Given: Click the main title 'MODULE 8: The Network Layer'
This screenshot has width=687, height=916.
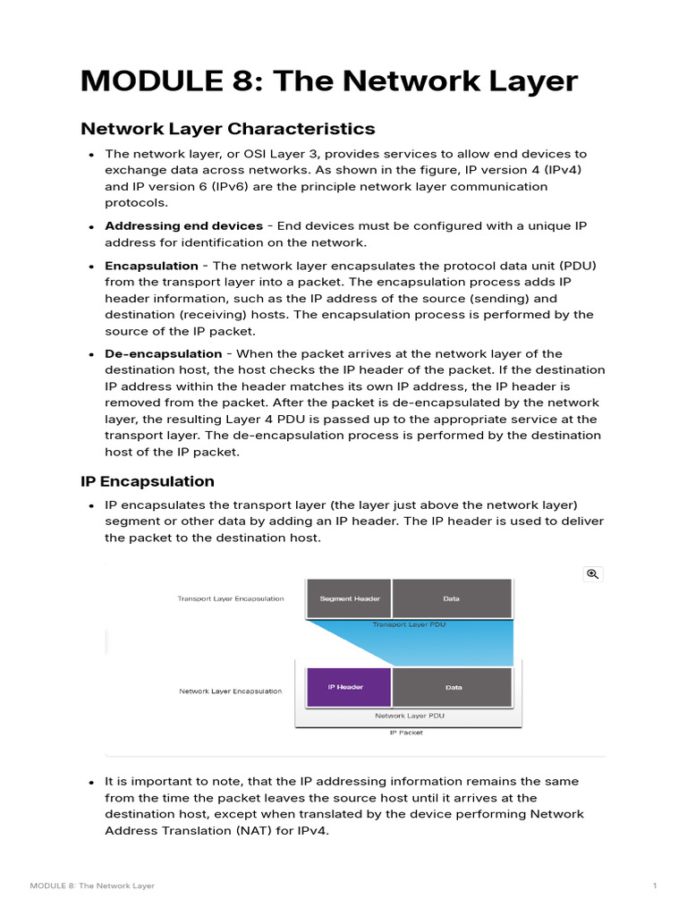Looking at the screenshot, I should point(329,81).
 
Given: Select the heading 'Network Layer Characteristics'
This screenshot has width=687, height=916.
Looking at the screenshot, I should point(227,129).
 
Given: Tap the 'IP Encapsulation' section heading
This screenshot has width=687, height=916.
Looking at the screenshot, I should point(148,482).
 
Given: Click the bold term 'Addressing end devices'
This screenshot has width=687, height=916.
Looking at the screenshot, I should point(183,226).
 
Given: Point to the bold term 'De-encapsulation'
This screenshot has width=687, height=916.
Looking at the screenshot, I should point(163,353).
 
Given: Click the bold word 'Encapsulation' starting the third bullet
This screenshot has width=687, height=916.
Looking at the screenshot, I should point(151,266).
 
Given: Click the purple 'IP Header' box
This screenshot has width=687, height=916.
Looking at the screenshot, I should point(349,688).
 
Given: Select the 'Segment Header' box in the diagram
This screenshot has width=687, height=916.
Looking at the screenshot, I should point(349,598).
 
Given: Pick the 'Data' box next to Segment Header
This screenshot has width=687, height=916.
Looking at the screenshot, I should point(453,598).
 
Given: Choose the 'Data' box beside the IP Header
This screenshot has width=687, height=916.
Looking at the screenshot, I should point(453,688).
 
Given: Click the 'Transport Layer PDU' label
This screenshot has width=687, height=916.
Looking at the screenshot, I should point(409,624).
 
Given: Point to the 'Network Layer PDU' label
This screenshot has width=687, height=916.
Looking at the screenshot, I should point(409,716).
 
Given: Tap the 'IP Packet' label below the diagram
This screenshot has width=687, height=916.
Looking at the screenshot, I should point(406,733).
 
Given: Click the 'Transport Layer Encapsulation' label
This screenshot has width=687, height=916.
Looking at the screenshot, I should point(231,598).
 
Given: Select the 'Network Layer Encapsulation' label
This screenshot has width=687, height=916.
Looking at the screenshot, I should point(230,691).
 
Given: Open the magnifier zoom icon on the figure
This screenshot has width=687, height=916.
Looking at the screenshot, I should point(592,574).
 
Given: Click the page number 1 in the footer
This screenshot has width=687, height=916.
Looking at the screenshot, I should point(655,886).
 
